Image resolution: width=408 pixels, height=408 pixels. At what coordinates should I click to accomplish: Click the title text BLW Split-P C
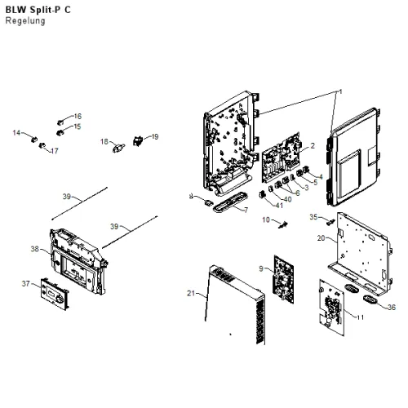(x=38, y=10)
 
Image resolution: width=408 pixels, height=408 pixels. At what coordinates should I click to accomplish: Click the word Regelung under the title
(x=25, y=21)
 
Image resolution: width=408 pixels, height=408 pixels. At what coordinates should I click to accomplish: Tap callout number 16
(x=78, y=116)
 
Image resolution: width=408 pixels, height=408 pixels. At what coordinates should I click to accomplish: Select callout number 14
(x=16, y=133)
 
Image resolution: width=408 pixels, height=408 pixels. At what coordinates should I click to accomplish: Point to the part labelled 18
(x=118, y=148)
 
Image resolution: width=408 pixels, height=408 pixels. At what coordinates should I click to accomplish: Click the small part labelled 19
(x=138, y=141)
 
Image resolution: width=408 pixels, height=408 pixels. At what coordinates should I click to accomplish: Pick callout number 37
(x=25, y=284)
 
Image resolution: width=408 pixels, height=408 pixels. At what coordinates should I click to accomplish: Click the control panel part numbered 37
(x=55, y=294)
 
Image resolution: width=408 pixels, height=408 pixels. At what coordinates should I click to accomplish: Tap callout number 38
(x=35, y=249)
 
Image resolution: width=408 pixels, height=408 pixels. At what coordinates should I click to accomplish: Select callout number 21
(x=191, y=293)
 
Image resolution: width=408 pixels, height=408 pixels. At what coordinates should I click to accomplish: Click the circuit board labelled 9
(x=284, y=279)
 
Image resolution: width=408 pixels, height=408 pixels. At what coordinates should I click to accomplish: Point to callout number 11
(x=360, y=317)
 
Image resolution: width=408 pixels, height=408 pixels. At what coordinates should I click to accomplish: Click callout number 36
(x=392, y=307)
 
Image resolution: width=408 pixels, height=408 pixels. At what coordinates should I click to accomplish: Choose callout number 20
(x=322, y=238)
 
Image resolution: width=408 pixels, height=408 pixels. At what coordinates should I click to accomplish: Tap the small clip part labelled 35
(x=330, y=222)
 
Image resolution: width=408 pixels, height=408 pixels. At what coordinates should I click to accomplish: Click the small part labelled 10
(x=283, y=225)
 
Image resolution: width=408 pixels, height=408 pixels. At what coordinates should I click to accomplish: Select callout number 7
(x=246, y=210)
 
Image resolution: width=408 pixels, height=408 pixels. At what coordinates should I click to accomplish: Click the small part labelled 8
(x=209, y=202)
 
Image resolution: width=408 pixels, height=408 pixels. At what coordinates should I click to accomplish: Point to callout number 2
(x=313, y=145)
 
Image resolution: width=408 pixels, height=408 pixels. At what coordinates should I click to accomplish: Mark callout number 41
(x=279, y=206)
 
